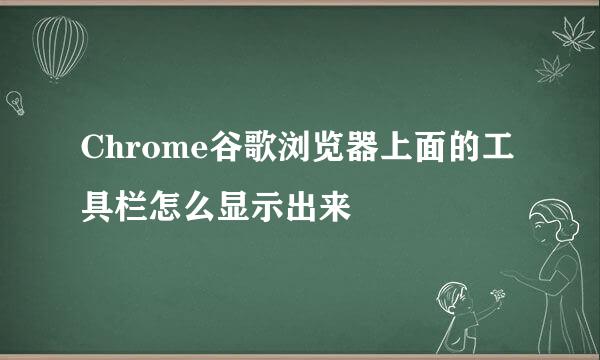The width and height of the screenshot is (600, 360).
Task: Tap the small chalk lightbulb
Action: tap(15, 101)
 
